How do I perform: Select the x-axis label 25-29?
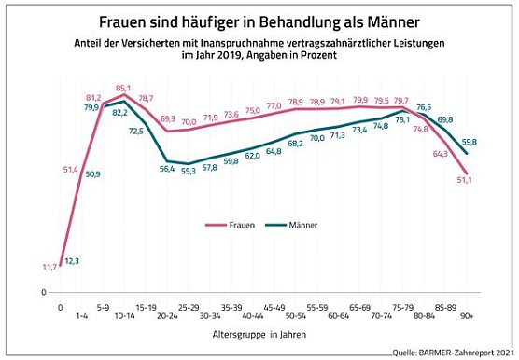[x=188, y=305]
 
